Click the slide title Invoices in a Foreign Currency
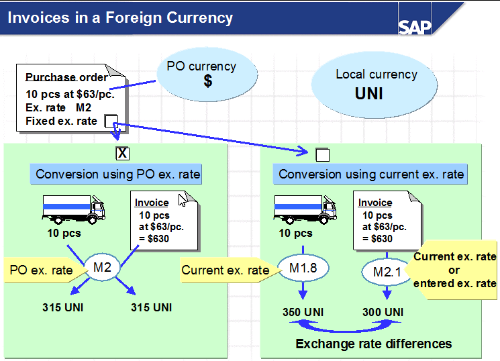click(120, 17)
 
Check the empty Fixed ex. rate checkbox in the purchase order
click(111, 121)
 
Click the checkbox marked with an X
click(122, 154)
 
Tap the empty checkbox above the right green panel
click(323, 155)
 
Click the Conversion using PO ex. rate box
click(118, 174)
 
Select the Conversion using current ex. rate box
click(371, 174)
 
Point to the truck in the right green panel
click(305, 209)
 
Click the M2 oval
click(103, 268)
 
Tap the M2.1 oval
click(385, 272)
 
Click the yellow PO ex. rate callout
click(44, 270)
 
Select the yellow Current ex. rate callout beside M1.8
click(226, 270)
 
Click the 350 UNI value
click(303, 311)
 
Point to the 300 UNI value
click(383, 311)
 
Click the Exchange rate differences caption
click(374, 344)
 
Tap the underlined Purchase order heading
click(66, 77)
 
